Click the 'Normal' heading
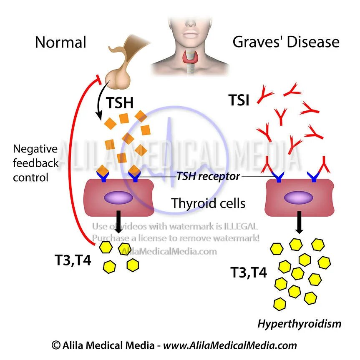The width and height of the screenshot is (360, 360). pyautogui.click(x=60, y=42)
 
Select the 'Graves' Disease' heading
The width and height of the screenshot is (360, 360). pyautogui.click(x=286, y=42)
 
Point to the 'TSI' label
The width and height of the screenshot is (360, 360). pyautogui.click(x=239, y=100)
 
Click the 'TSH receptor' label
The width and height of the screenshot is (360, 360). pyautogui.click(x=208, y=176)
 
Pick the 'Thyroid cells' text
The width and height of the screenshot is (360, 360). pyautogui.click(x=208, y=204)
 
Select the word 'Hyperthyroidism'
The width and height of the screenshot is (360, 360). pyautogui.click(x=299, y=323)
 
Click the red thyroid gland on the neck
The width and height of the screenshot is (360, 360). pyautogui.click(x=193, y=59)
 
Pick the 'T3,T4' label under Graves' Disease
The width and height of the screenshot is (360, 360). pyautogui.click(x=249, y=273)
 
